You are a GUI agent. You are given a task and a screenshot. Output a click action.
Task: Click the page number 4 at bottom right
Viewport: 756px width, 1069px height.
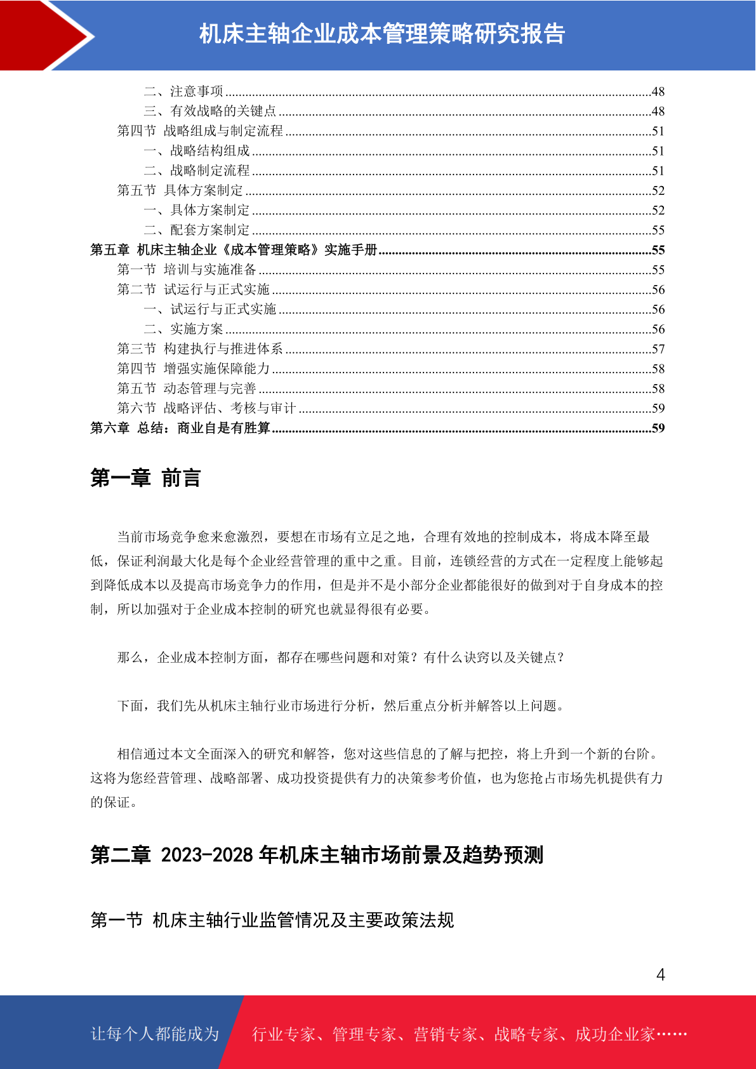(660, 974)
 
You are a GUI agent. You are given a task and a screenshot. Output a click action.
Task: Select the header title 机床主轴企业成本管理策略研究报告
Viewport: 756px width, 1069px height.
(382, 34)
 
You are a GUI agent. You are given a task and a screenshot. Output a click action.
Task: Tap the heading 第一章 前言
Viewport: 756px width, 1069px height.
(145, 478)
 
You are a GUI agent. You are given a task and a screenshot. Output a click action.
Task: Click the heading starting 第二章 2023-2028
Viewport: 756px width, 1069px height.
(317, 855)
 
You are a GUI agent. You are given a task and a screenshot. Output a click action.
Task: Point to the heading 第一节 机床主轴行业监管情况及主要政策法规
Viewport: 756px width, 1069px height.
(272, 920)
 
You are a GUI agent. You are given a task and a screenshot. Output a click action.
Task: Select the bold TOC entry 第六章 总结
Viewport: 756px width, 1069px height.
(180, 428)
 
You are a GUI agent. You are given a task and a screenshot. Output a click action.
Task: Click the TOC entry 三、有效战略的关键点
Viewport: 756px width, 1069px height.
(210, 111)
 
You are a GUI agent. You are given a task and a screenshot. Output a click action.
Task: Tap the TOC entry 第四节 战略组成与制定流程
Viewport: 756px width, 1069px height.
(200, 131)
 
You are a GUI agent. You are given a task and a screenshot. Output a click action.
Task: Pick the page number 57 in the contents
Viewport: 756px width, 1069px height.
(658, 349)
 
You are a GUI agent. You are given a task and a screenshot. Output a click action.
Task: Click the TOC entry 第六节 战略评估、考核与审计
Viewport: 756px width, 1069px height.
(206, 408)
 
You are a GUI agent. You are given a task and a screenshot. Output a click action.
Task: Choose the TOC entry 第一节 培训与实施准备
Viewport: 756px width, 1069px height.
(187, 270)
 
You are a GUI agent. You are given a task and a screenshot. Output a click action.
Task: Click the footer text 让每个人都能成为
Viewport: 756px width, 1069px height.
(155, 1034)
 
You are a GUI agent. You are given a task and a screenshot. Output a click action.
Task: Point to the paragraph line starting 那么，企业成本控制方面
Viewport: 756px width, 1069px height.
(341, 658)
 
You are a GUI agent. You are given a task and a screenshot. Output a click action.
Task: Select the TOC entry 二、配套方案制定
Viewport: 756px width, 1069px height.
(197, 230)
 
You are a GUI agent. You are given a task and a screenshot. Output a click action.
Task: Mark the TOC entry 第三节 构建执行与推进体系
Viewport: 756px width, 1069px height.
(200, 349)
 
